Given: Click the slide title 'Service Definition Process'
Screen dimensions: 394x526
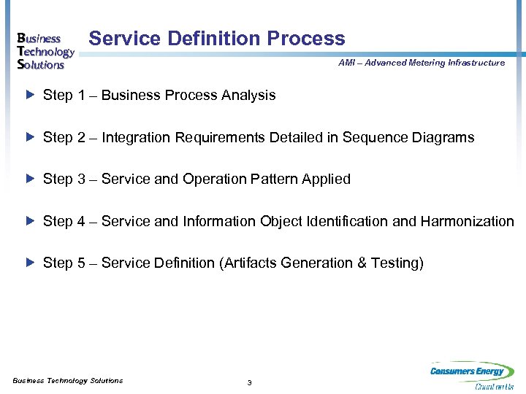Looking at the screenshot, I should point(216,39).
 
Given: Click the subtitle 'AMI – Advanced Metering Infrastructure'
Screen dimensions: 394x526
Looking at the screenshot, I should point(421,63).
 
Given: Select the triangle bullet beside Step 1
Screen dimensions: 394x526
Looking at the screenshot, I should point(30,95).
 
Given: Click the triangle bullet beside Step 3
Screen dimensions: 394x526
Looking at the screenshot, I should point(30,179).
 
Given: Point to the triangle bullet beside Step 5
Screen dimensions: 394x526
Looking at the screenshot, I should point(30,263).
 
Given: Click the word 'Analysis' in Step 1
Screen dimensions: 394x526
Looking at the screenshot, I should point(251,96).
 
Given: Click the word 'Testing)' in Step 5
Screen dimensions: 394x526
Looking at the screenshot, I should point(398,263).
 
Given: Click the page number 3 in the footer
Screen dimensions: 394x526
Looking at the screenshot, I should point(250,383).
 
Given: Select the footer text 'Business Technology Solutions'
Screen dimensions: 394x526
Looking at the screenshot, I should point(68,380).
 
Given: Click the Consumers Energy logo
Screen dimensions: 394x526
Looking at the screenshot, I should point(471,376).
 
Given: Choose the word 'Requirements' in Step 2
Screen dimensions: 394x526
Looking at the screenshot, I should point(209,137).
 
